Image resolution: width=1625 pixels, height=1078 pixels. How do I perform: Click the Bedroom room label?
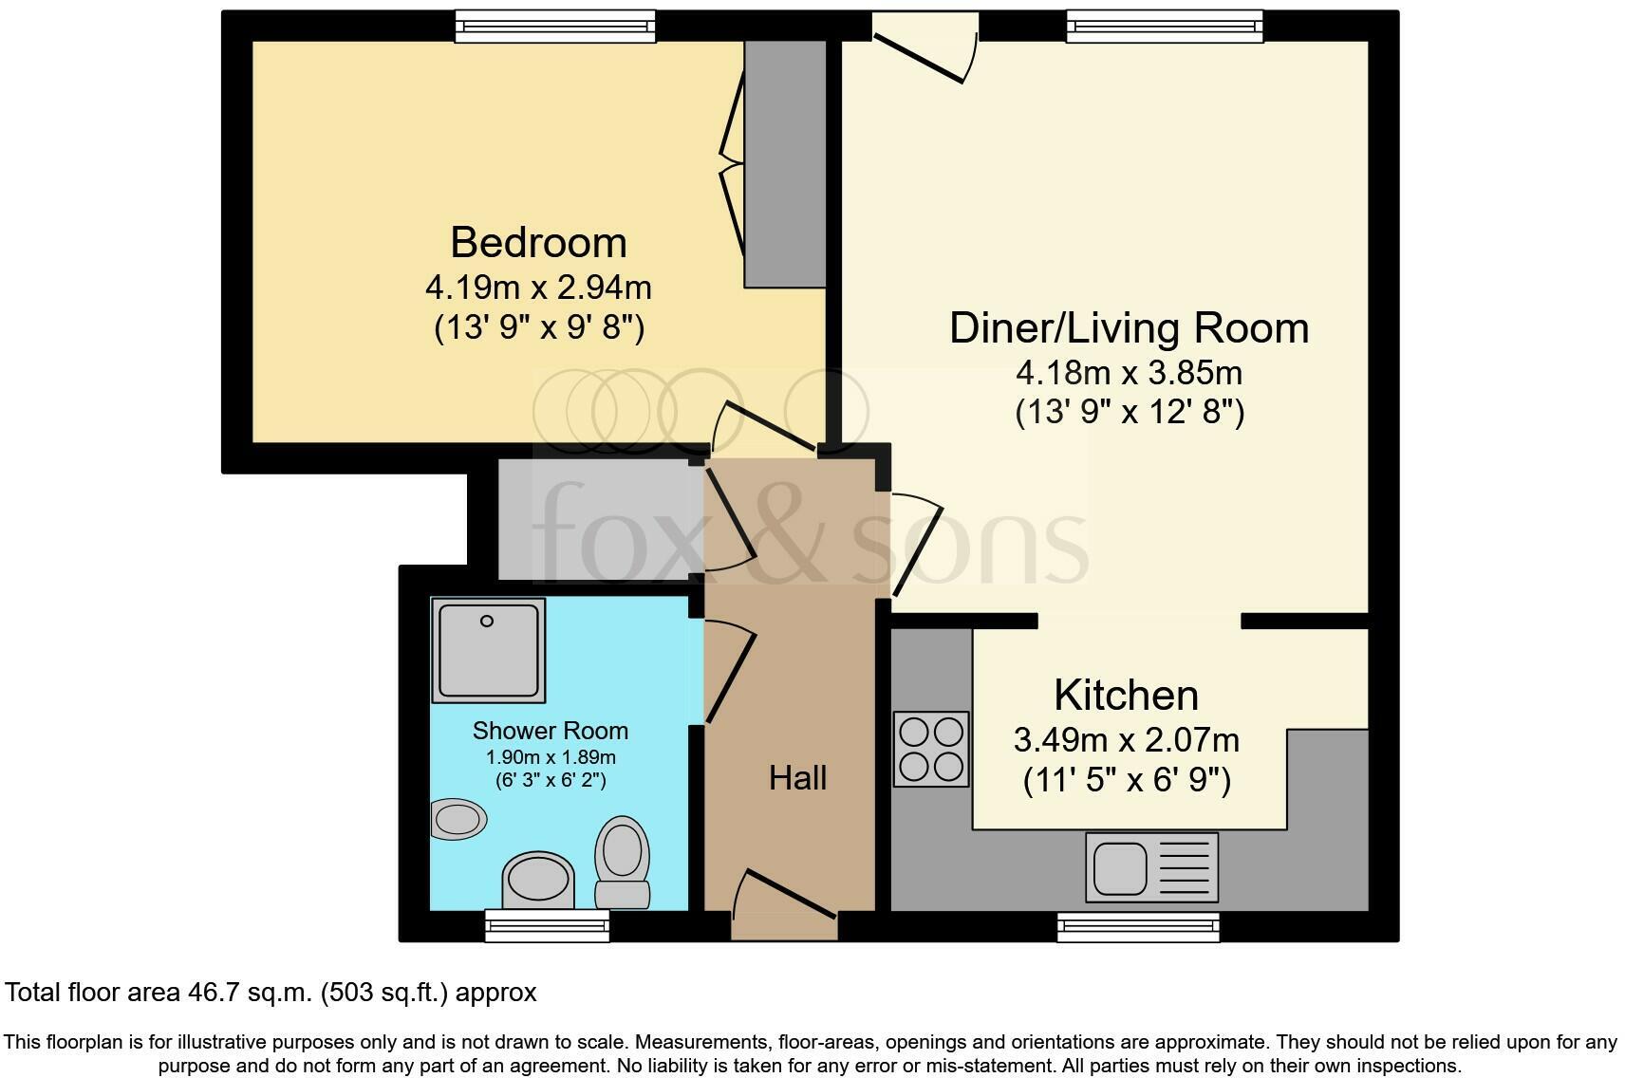(x=538, y=243)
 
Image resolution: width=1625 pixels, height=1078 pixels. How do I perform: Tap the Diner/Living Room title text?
(x=1129, y=328)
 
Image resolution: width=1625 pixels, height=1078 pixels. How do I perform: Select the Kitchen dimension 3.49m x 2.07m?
(x=1127, y=739)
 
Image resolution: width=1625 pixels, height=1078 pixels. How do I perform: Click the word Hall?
(x=797, y=778)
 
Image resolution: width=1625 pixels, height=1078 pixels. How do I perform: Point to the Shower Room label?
(x=551, y=731)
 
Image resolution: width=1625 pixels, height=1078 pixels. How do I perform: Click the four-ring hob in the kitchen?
(x=931, y=749)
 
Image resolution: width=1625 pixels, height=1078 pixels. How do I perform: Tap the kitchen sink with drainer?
(x=1151, y=866)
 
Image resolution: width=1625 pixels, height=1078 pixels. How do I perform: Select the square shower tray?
(x=488, y=650)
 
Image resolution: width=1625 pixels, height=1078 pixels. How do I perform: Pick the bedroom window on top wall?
(x=555, y=26)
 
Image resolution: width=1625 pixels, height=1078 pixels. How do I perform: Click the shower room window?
(x=547, y=924)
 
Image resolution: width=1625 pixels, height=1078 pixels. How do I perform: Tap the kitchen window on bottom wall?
(x=1138, y=926)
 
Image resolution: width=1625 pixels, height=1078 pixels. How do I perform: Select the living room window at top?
(x=1165, y=26)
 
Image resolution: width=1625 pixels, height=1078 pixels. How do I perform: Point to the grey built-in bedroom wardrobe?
(x=785, y=163)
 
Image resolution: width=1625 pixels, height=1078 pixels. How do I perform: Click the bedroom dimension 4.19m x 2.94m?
(x=538, y=287)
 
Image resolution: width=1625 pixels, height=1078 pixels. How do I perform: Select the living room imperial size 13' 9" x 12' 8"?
(x=1129, y=413)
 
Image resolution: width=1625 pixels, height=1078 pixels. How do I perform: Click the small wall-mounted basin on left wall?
(x=458, y=818)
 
